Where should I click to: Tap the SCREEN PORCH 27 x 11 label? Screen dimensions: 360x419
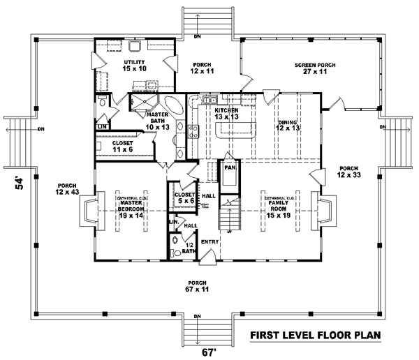coord(315,68)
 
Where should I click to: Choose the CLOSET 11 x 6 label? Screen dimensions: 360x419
coord(123,147)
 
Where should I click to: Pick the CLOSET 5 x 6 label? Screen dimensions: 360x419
coord(185,197)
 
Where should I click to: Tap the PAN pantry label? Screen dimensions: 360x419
coord(228,168)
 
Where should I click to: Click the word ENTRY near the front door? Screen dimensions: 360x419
coord(210,242)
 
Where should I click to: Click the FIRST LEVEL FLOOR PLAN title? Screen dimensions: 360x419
coord(316,336)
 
